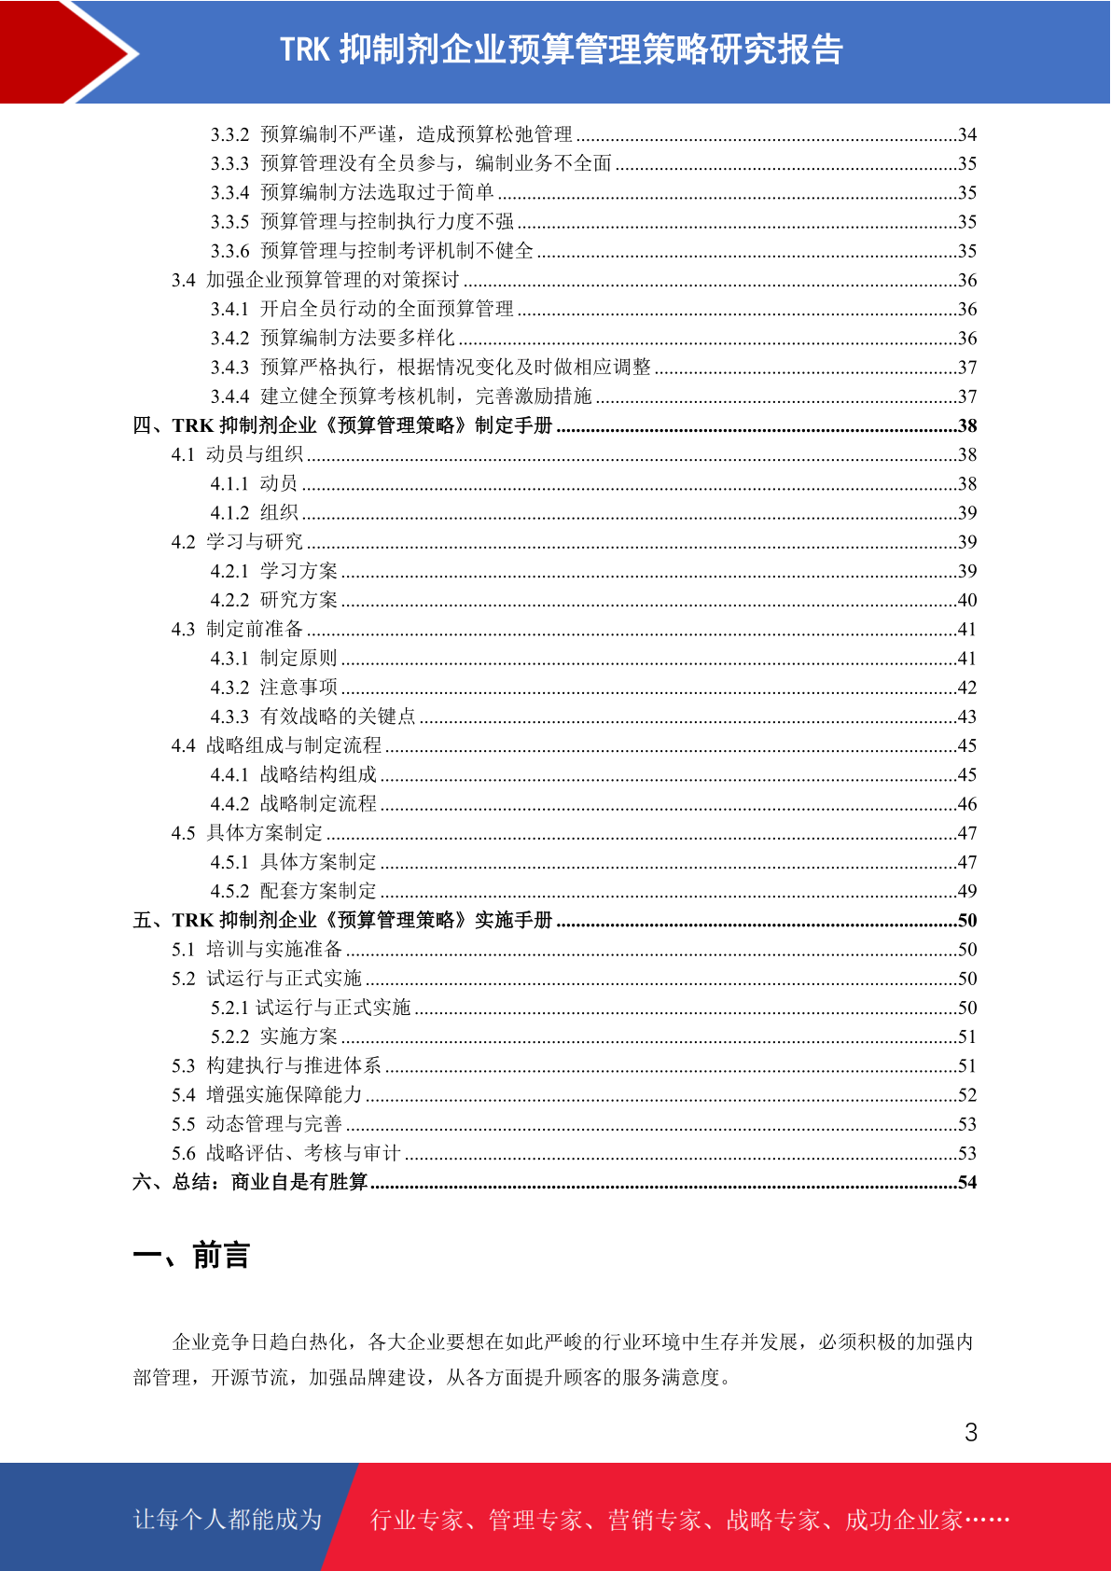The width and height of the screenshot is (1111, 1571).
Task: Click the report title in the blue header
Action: coord(562,49)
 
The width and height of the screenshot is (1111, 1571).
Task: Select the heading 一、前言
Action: coord(191,1256)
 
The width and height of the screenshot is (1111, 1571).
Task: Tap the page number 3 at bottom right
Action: coord(971,1432)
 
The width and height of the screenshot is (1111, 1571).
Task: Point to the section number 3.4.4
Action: coord(229,396)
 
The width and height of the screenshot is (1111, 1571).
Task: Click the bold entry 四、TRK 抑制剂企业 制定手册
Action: coord(342,425)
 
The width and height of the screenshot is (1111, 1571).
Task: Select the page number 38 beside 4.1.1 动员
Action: coord(967,483)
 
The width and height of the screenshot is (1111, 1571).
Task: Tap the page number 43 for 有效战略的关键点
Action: coord(967,716)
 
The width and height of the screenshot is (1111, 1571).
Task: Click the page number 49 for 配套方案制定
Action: coord(967,891)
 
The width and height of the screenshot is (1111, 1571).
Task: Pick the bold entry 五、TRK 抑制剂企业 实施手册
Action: coord(342,920)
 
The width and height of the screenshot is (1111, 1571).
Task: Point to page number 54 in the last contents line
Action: coord(967,1182)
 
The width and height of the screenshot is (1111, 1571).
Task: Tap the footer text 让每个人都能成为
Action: coord(228,1520)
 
